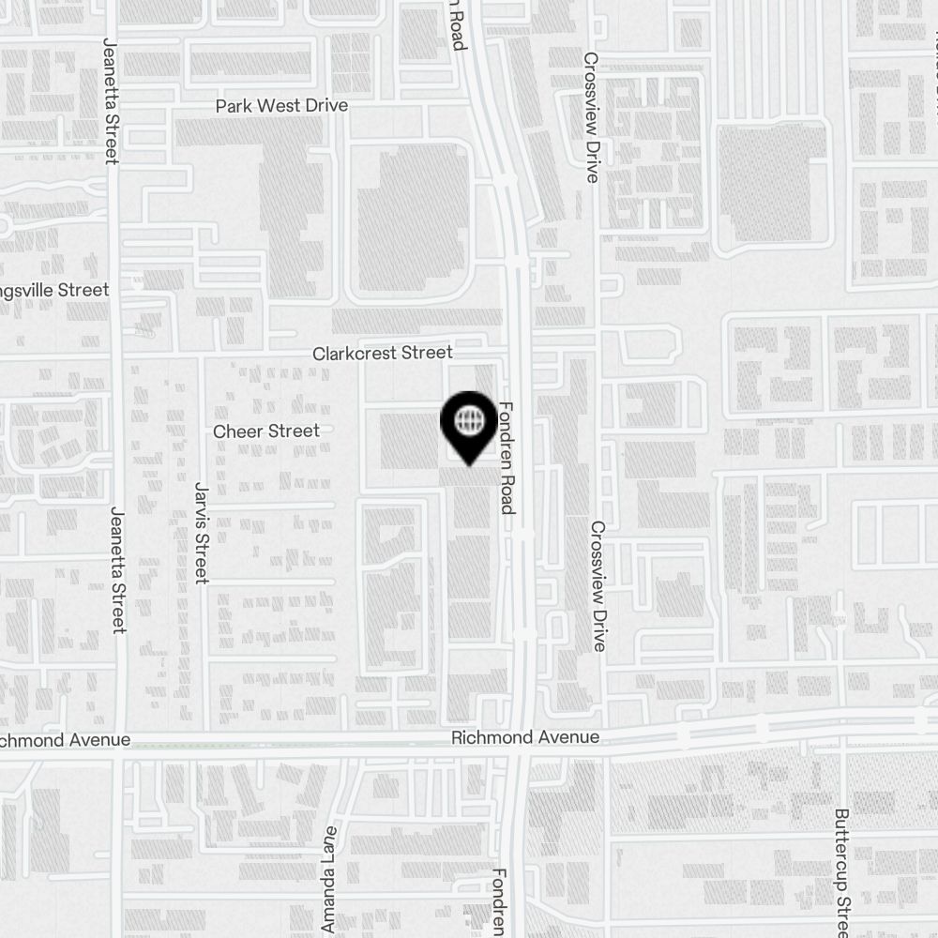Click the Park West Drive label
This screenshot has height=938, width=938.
coord(281,106)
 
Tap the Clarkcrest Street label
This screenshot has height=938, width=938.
coord(383,353)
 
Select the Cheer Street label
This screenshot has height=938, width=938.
coord(266,431)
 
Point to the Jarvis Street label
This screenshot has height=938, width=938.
coord(200,532)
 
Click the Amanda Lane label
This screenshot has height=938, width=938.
coord(328,880)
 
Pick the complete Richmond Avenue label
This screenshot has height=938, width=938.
coord(525,738)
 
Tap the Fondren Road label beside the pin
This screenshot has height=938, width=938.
coord(507,458)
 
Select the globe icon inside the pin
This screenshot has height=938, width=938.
coord(468,419)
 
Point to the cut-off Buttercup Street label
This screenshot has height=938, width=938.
coord(841,872)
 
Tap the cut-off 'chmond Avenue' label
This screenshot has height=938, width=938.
coord(66,740)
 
